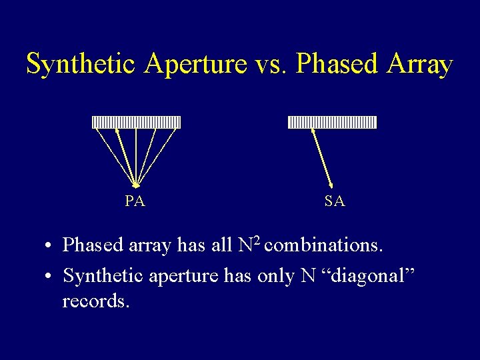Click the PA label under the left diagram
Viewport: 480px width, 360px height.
click(x=135, y=201)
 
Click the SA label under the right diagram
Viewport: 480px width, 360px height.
click(x=335, y=201)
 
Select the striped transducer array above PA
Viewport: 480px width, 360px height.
click(x=136, y=122)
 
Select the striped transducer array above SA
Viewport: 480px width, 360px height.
click(x=332, y=122)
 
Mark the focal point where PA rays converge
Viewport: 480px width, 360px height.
click(x=136, y=186)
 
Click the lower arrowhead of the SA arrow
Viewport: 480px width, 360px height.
click(x=331, y=185)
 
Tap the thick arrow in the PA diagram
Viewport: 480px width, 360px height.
click(x=126, y=156)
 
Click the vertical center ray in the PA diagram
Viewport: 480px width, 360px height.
click(x=136, y=156)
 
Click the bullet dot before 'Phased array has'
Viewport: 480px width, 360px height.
click(x=50, y=246)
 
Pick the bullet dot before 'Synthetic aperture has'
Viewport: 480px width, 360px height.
click(x=50, y=275)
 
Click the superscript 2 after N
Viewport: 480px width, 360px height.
click(x=257, y=239)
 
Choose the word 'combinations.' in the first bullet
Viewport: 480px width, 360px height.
click(x=323, y=245)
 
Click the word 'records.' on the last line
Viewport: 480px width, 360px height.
click(x=96, y=301)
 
